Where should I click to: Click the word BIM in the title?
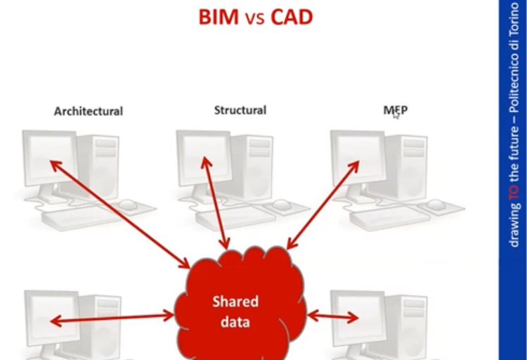pos(219,17)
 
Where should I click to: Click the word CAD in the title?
pos(292,17)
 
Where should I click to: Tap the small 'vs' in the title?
pos(255,19)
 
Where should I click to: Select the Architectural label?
pos(89,111)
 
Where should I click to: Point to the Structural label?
pos(240,110)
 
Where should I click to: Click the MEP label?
pos(396,110)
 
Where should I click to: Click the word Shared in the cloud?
pos(235,302)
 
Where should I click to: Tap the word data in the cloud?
pos(235,321)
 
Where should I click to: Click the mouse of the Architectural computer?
pos(128,204)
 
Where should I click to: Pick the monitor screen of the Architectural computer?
pos(51,157)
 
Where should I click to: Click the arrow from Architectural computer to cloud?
pos(120,214)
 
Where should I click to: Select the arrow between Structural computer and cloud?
pos(215,203)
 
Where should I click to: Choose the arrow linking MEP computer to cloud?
pos(323,205)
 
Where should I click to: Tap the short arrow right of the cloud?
pos(333,316)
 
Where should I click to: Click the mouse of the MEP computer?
pos(436,204)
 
